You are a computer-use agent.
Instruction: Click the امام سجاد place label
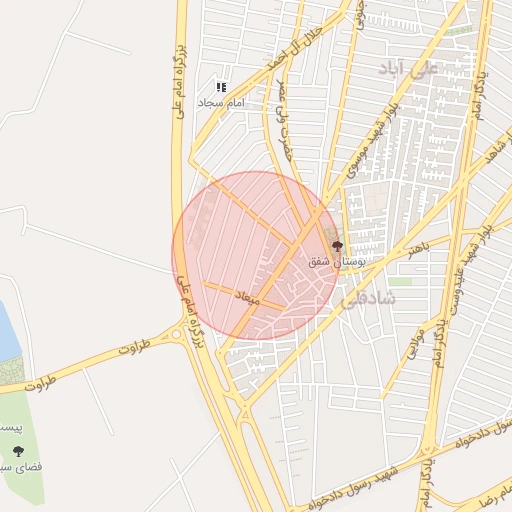pyautogui.click(x=220, y=103)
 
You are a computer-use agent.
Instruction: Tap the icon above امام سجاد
pyautogui.click(x=221, y=88)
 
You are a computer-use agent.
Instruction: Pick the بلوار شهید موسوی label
pyautogui.click(x=372, y=140)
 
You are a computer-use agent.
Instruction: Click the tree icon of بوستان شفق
pyautogui.click(x=337, y=246)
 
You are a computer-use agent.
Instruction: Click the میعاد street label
pyautogui.click(x=246, y=298)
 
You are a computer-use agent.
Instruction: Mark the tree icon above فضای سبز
pyautogui.click(x=17, y=451)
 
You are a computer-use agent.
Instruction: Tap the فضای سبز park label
pyautogui.click(x=17, y=466)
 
